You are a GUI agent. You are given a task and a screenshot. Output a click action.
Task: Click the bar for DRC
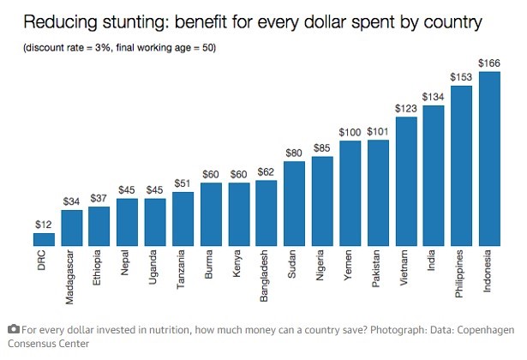click(x=44, y=239)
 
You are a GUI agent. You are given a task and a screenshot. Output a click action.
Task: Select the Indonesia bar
click(x=489, y=159)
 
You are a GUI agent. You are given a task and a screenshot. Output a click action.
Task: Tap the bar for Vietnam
click(x=406, y=181)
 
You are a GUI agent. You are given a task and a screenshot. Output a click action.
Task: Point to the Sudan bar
click(x=295, y=203)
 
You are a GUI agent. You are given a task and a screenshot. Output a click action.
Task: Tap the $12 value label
click(x=44, y=223)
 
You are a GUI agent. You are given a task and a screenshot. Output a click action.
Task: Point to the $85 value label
click(x=322, y=147)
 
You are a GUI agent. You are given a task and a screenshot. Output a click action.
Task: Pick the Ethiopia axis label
click(x=99, y=267)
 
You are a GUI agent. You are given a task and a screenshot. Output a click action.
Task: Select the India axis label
click(x=434, y=261)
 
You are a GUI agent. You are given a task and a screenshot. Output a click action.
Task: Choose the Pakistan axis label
click(x=378, y=267)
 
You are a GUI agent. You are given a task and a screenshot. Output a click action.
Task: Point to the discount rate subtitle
click(x=119, y=46)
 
